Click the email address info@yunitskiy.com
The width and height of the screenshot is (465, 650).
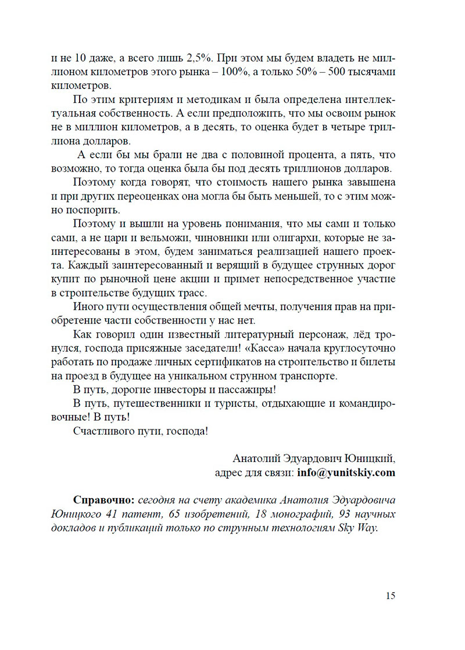click(x=346, y=473)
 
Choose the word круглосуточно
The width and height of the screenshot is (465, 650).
click(x=360, y=349)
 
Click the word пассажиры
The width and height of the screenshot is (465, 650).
click(x=245, y=389)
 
